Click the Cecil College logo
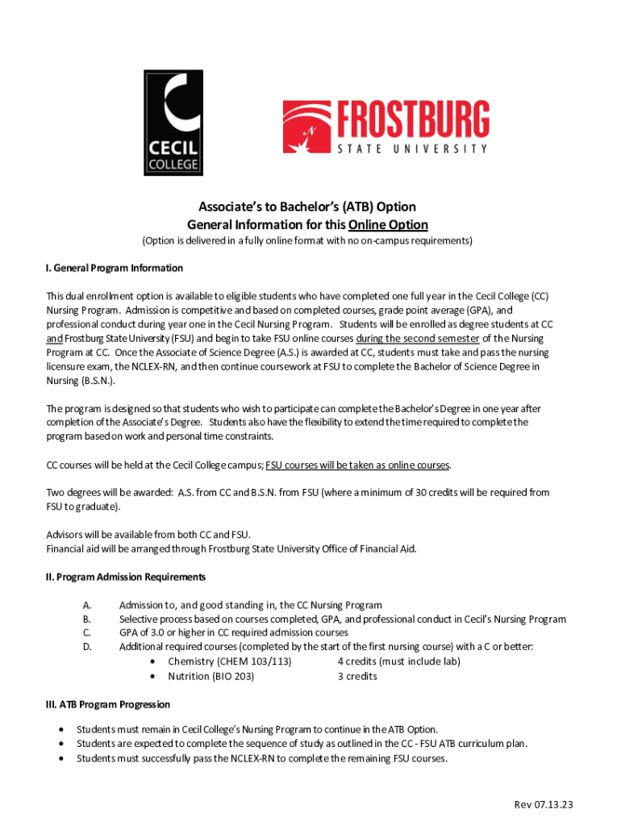point(173,123)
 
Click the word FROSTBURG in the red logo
point(412,119)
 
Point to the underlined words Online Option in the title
point(388,224)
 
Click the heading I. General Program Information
point(115,268)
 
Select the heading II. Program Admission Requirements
point(126,577)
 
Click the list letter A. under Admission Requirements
point(87,605)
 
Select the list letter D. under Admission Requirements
point(87,647)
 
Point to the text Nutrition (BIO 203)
point(210,676)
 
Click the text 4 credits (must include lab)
point(398,661)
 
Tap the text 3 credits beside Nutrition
point(357,676)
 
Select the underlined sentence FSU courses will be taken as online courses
point(358,465)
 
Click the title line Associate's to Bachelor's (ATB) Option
point(307,206)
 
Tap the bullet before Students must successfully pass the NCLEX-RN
point(63,759)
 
